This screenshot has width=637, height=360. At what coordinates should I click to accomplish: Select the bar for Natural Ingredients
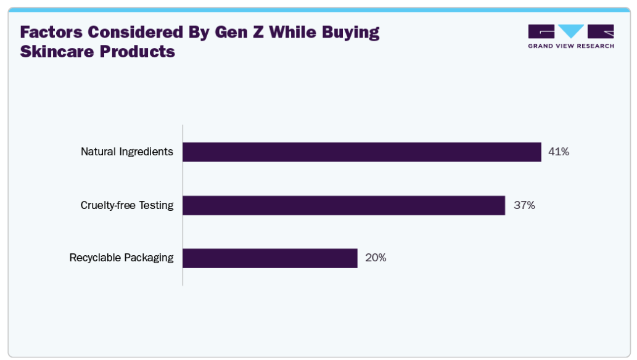click(361, 152)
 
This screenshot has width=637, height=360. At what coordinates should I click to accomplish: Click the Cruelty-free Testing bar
click(343, 205)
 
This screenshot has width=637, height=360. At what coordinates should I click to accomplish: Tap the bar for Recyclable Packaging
click(269, 258)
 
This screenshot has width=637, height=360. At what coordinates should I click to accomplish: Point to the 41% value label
click(559, 152)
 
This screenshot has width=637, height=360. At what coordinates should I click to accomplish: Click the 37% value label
click(524, 205)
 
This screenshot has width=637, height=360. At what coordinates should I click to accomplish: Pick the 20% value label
click(376, 258)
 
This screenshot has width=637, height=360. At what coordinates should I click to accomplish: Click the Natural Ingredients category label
click(127, 152)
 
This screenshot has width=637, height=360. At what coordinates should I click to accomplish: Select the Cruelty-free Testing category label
click(127, 205)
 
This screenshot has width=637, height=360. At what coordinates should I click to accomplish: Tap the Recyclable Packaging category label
click(121, 258)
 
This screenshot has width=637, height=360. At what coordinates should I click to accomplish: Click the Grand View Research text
click(571, 46)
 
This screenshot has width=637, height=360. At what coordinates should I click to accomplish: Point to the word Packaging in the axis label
click(149, 258)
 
